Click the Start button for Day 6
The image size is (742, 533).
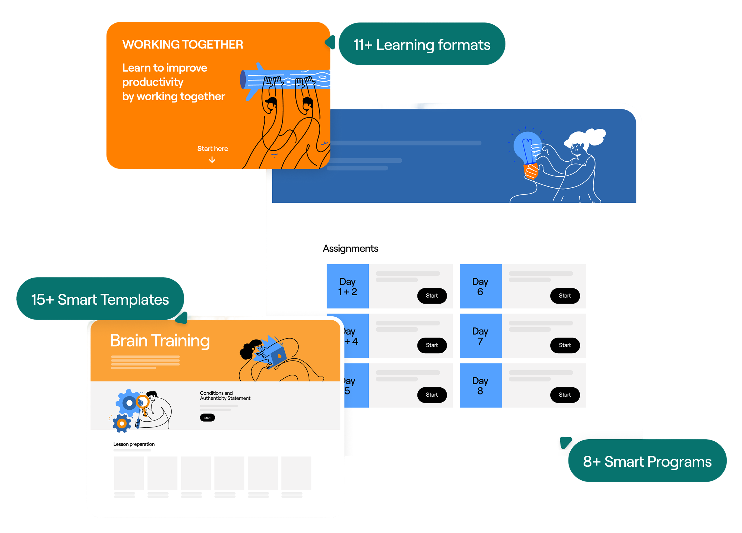coord(565,296)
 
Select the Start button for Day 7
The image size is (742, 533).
coord(565,345)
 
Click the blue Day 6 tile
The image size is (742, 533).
coord(480,286)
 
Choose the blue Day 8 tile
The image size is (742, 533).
coord(480,386)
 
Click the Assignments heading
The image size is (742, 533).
coord(350,248)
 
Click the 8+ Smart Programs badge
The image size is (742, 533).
coord(647,461)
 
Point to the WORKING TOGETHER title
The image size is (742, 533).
coord(183,45)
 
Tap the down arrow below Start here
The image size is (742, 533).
coord(212,160)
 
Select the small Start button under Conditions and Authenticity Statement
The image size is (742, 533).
coord(207,417)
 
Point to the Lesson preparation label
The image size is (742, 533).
coord(134,444)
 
